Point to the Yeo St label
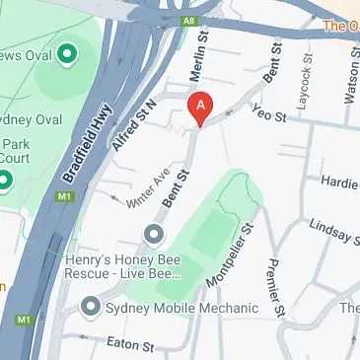[268, 114]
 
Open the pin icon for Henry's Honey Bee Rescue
[153, 234]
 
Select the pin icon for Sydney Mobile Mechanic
[91, 308]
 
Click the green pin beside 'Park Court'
[4, 180]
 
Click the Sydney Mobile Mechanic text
[181, 308]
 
